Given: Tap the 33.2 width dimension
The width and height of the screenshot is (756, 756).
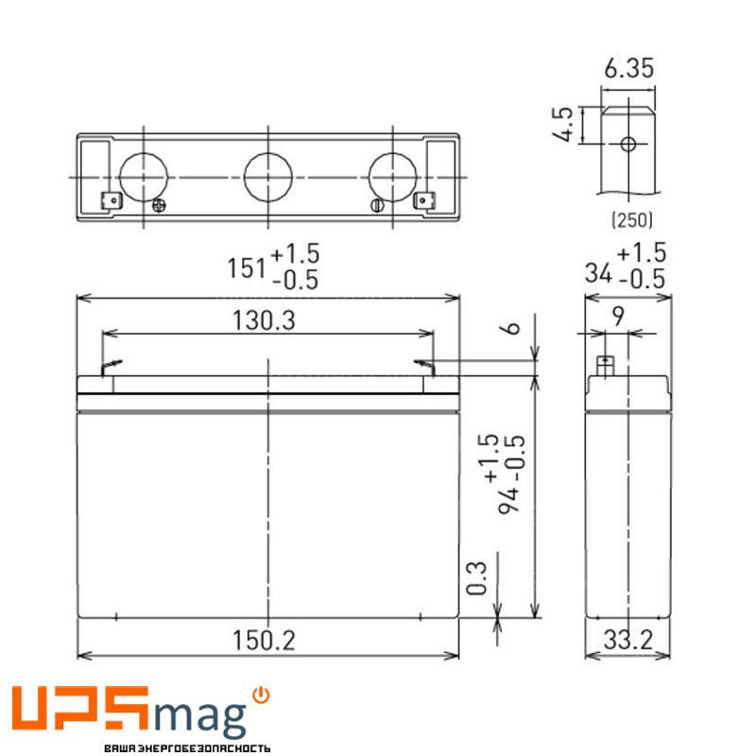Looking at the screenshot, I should coord(627,640).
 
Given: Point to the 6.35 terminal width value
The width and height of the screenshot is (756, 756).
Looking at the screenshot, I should coord(627,70).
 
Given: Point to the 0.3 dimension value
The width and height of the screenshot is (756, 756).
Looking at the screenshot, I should coord(477,577).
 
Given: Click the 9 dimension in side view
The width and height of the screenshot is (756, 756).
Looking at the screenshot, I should coord(618,318).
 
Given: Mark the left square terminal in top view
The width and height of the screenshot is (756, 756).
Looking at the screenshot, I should coord(110,200).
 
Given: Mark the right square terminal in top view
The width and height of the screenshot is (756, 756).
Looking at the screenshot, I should coord(424,200).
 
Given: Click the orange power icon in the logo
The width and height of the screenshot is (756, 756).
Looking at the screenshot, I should coord(262,696).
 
